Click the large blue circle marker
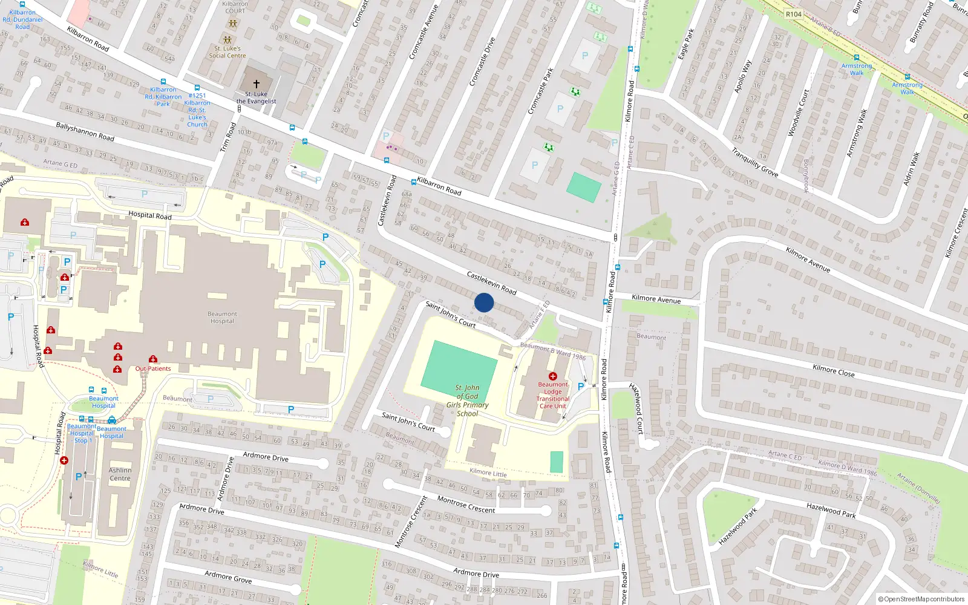point(484,302)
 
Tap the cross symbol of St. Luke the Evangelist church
point(256,84)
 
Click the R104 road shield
point(793,14)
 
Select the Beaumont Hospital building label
point(222,318)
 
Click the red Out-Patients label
point(153,368)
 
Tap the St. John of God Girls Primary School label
point(467,401)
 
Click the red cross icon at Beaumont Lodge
point(552,376)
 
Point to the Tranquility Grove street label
point(754,162)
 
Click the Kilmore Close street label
point(833,371)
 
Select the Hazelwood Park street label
point(831,510)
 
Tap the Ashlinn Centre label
point(120,474)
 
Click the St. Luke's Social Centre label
point(227,52)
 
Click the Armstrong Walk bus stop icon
point(857,58)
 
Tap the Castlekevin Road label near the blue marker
point(491,283)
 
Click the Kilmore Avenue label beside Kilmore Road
point(656,299)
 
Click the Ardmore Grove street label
point(227,577)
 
